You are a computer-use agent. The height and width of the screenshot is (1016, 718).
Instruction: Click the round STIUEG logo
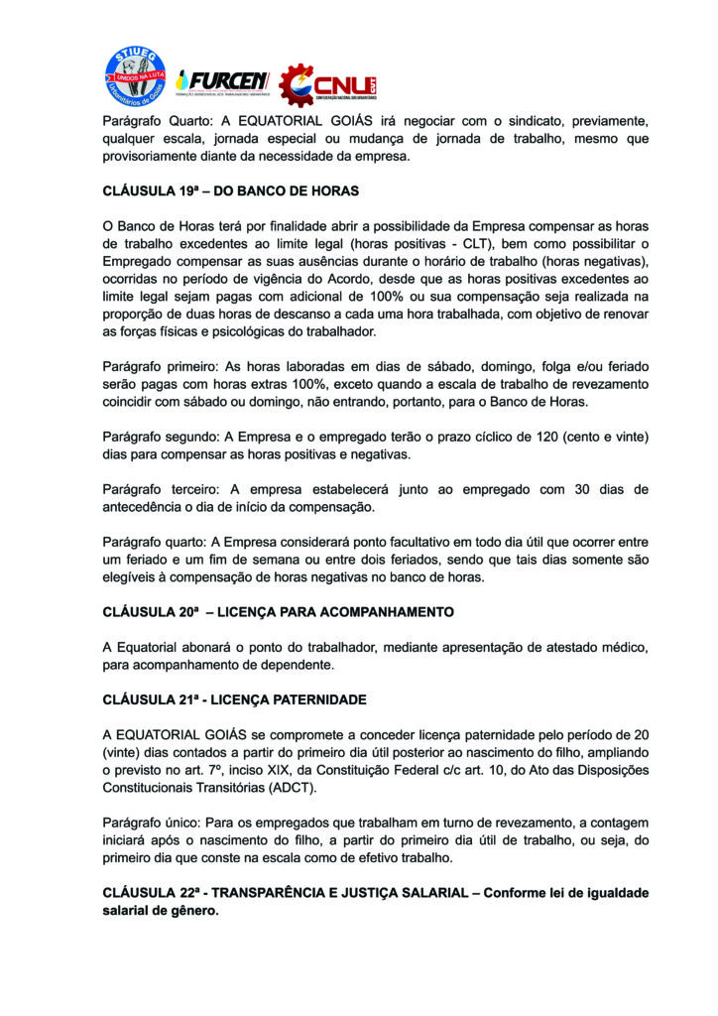tap(136, 77)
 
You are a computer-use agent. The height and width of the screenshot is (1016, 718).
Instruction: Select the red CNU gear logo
tap(326, 85)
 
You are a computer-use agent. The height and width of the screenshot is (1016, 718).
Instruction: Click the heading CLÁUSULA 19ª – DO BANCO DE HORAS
tap(230, 190)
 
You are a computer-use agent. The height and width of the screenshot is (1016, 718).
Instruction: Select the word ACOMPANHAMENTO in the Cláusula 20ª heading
tap(368, 611)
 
